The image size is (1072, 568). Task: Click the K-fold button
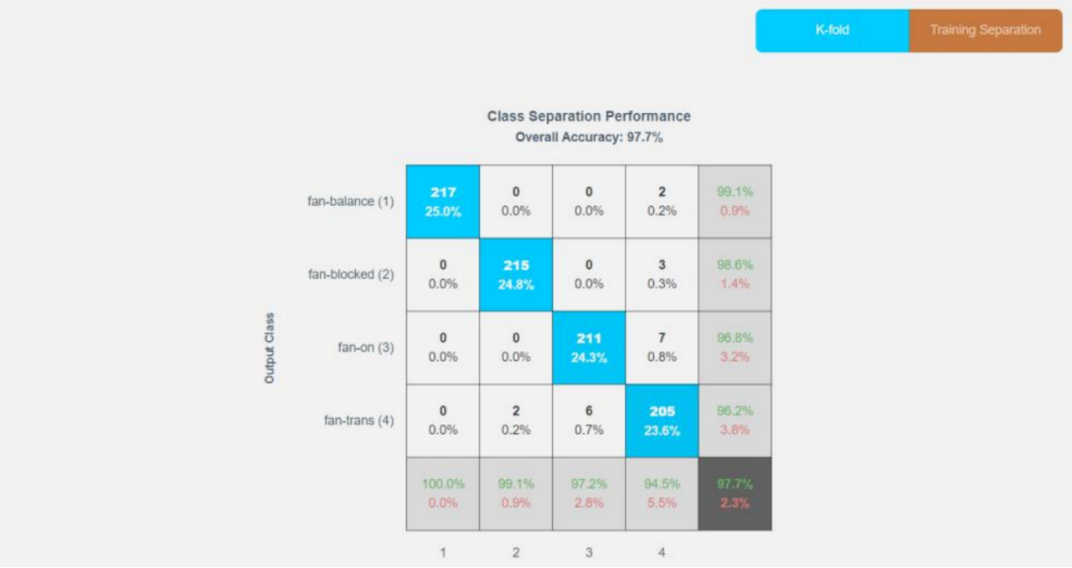click(832, 31)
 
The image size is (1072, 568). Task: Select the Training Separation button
click(985, 31)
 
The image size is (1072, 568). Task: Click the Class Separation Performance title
click(589, 116)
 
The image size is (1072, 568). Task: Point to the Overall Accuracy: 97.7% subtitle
click(589, 137)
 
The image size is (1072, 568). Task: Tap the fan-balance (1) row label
click(350, 201)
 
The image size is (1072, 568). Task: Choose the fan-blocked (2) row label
click(351, 274)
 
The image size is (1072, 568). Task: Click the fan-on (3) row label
click(361, 348)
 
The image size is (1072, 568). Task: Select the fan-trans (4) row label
click(358, 421)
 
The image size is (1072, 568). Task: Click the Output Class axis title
click(270, 349)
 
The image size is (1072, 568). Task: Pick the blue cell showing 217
click(443, 202)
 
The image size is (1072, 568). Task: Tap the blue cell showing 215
click(516, 275)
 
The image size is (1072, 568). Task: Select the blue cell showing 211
click(589, 348)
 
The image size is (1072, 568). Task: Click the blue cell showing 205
click(662, 421)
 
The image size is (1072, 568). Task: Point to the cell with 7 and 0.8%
click(662, 348)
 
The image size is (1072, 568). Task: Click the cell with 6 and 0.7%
click(589, 421)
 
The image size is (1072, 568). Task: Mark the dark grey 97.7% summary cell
click(734, 493)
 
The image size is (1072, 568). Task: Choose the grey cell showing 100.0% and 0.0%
click(443, 493)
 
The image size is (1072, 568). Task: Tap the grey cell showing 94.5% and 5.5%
click(662, 493)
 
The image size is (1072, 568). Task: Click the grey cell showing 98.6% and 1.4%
click(734, 275)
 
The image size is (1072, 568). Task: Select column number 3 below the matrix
click(589, 553)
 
